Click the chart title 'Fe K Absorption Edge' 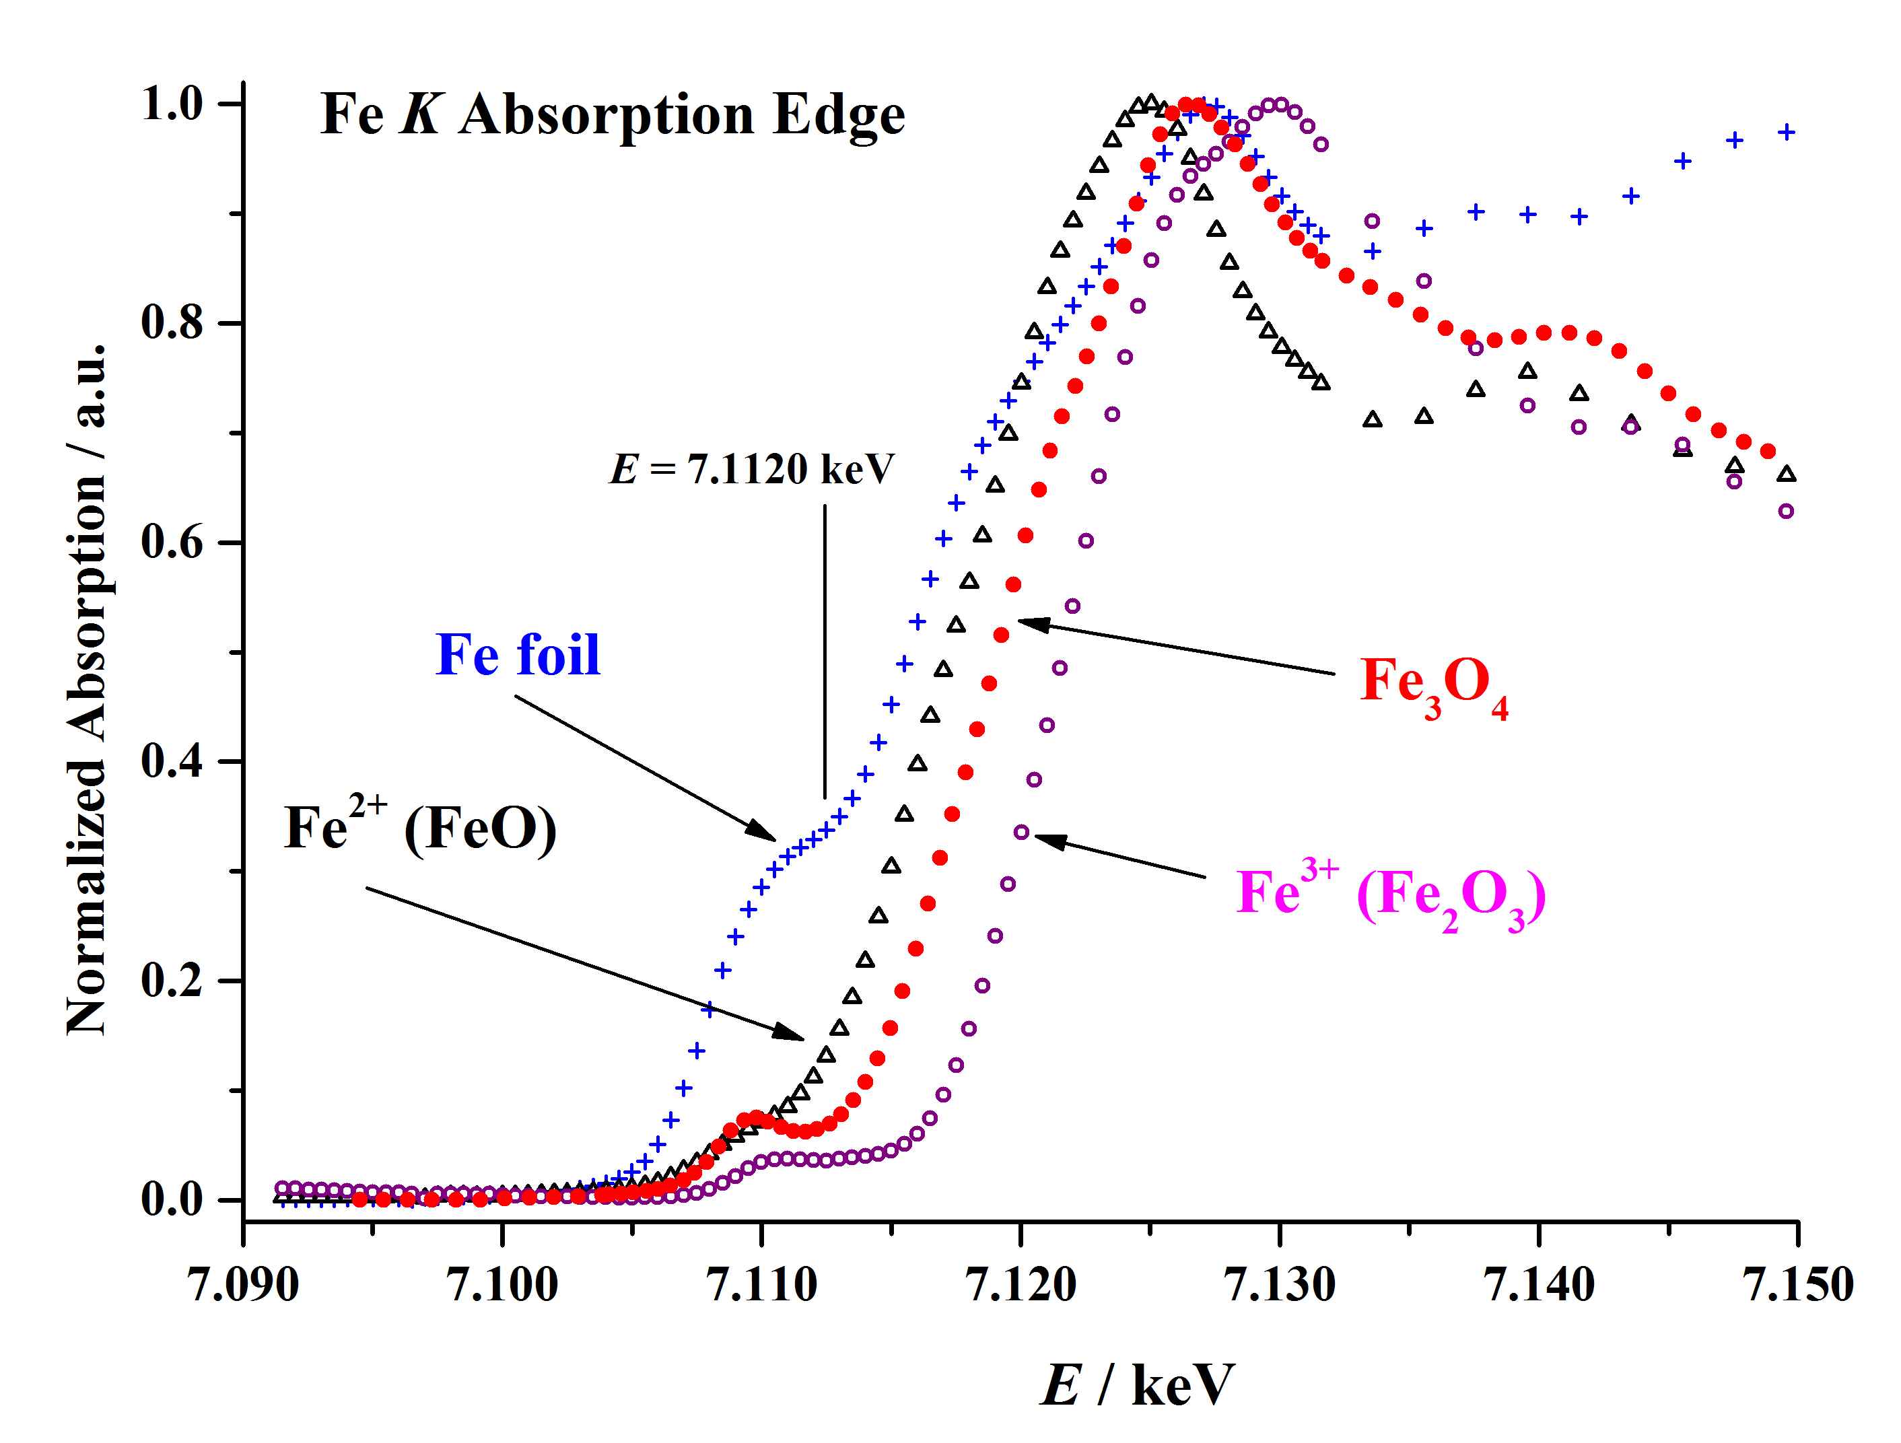(x=612, y=114)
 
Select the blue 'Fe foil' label (x=518, y=655)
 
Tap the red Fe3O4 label (x=1433, y=685)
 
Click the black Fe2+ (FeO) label (x=420, y=829)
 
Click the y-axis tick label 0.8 (x=171, y=323)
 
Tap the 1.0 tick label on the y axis (x=171, y=104)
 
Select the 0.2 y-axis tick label (x=171, y=981)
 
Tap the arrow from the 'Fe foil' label (x=645, y=767)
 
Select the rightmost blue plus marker (x=1787, y=133)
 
